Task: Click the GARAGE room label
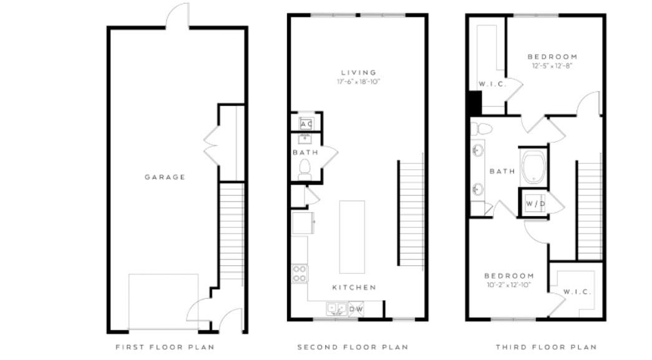click(x=165, y=177)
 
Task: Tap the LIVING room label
click(x=358, y=72)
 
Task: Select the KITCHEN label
click(x=354, y=288)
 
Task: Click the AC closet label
click(x=306, y=124)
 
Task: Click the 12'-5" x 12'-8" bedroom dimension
click(x=552, y=66)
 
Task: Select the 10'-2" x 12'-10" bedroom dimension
click(x=509, y=285)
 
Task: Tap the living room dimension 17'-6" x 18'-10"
click(x=358, y=82)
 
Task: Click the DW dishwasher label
click(x=356, y=309)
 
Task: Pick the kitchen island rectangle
click(x=352, y=236)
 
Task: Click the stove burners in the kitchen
click(x=299, y=273)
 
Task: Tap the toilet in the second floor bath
click(x=305, y=168)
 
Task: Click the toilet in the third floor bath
click(x=482, y=129)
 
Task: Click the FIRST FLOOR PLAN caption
click(x=165, y=347)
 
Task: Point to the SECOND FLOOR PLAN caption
click(x=353, y=347)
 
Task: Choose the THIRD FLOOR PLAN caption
click(x=546, y=347)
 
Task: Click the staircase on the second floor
click(x=411, y=212)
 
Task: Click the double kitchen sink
click(x=337, y=308)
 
